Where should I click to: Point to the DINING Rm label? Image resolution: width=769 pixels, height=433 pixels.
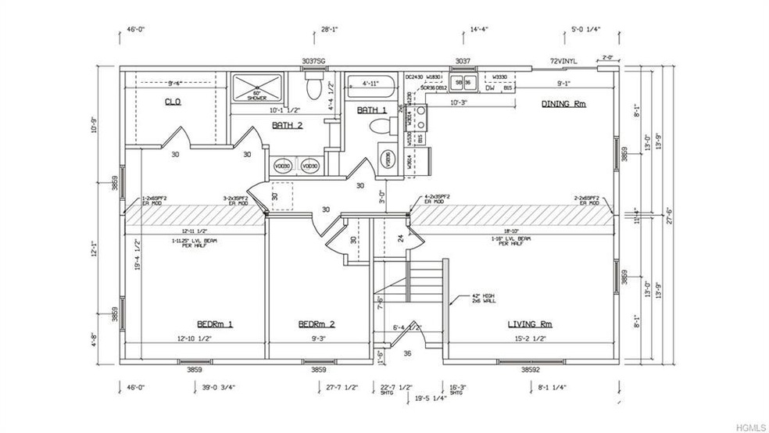(563, 103)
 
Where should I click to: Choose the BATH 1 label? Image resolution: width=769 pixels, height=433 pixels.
(371, 110)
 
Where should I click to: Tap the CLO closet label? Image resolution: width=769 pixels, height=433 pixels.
(173, 102)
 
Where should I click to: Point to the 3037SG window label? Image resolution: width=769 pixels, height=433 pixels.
(315, 60)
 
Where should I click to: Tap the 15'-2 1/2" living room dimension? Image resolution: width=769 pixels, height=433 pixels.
(531, 338)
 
